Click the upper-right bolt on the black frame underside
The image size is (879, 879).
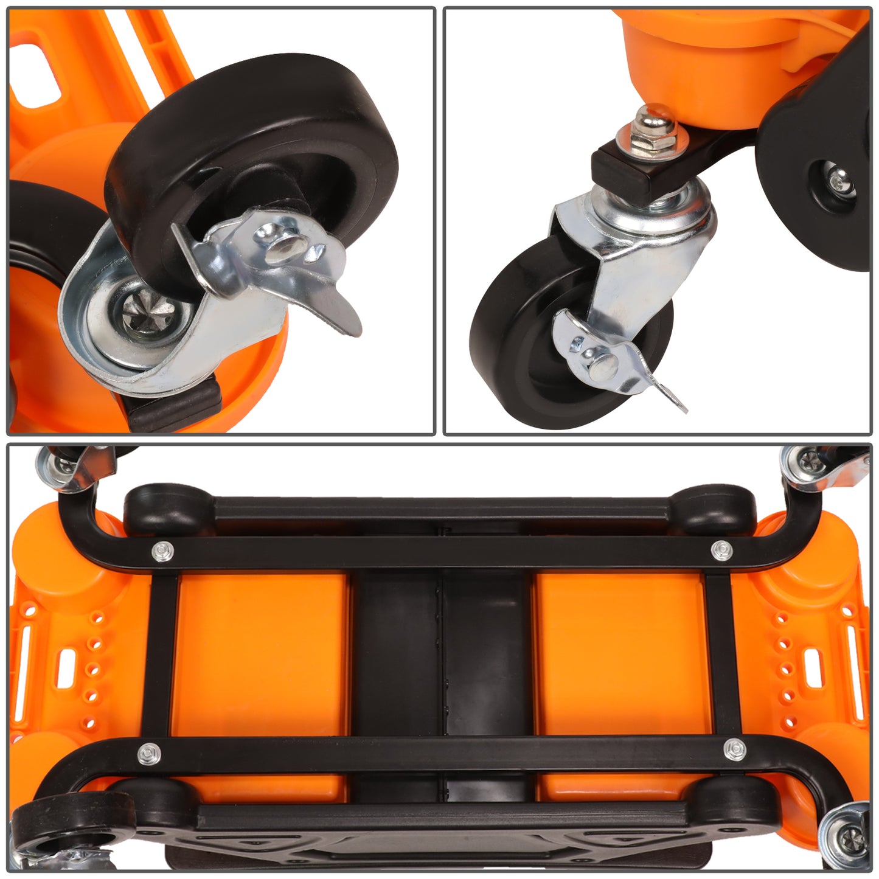(x=720, y=549)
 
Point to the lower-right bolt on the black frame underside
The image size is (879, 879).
(x=734, y=749)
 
